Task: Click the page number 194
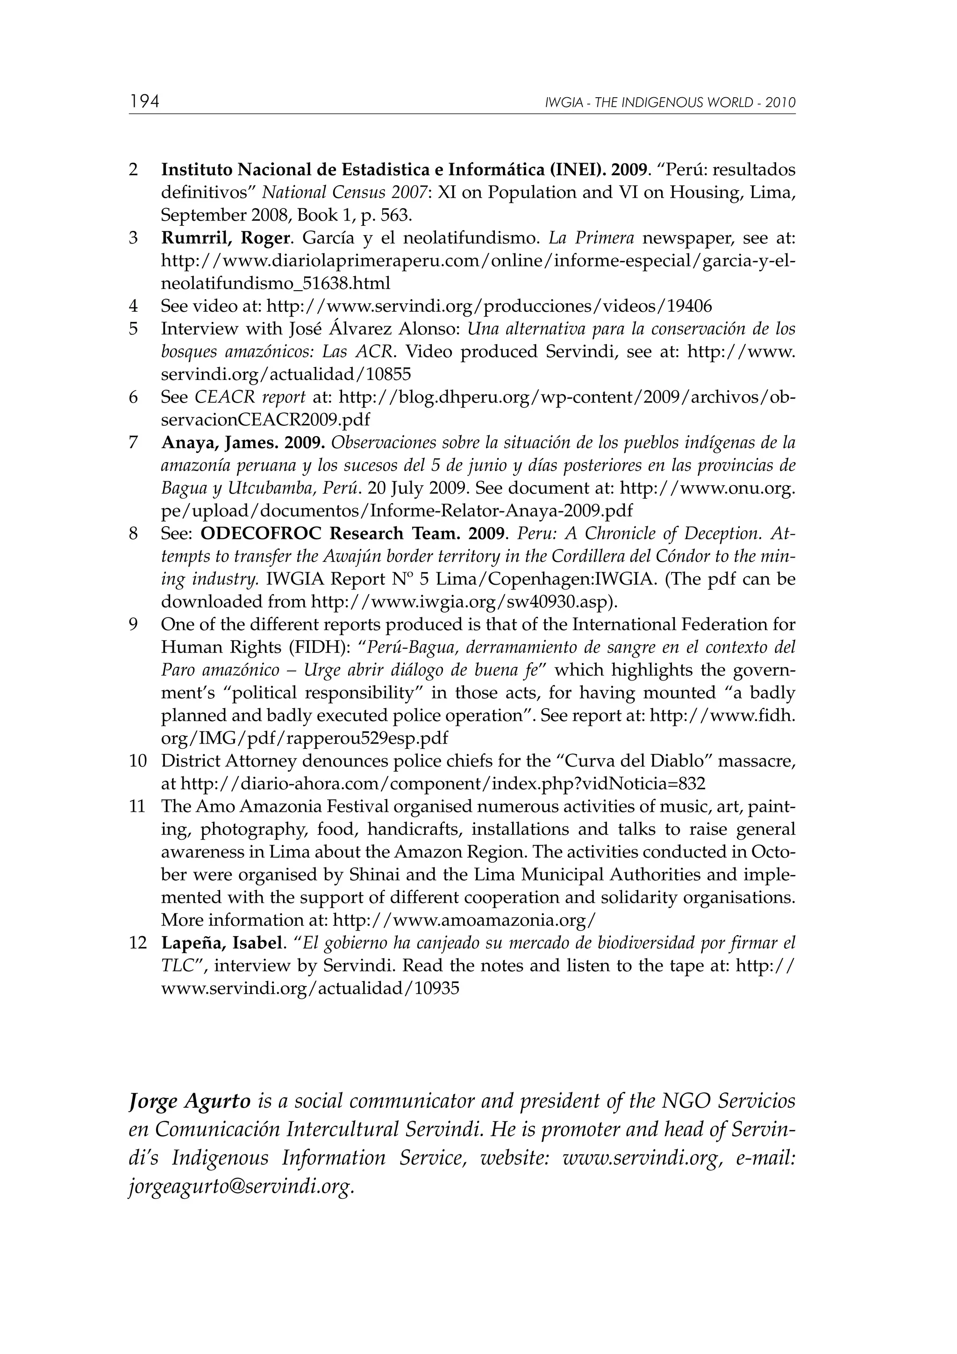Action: pyautogui.click(x=145, y=101)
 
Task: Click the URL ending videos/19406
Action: pyautogui.click(x=489, y=307)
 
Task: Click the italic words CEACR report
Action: pyautogui.click(x=250, y=397)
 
